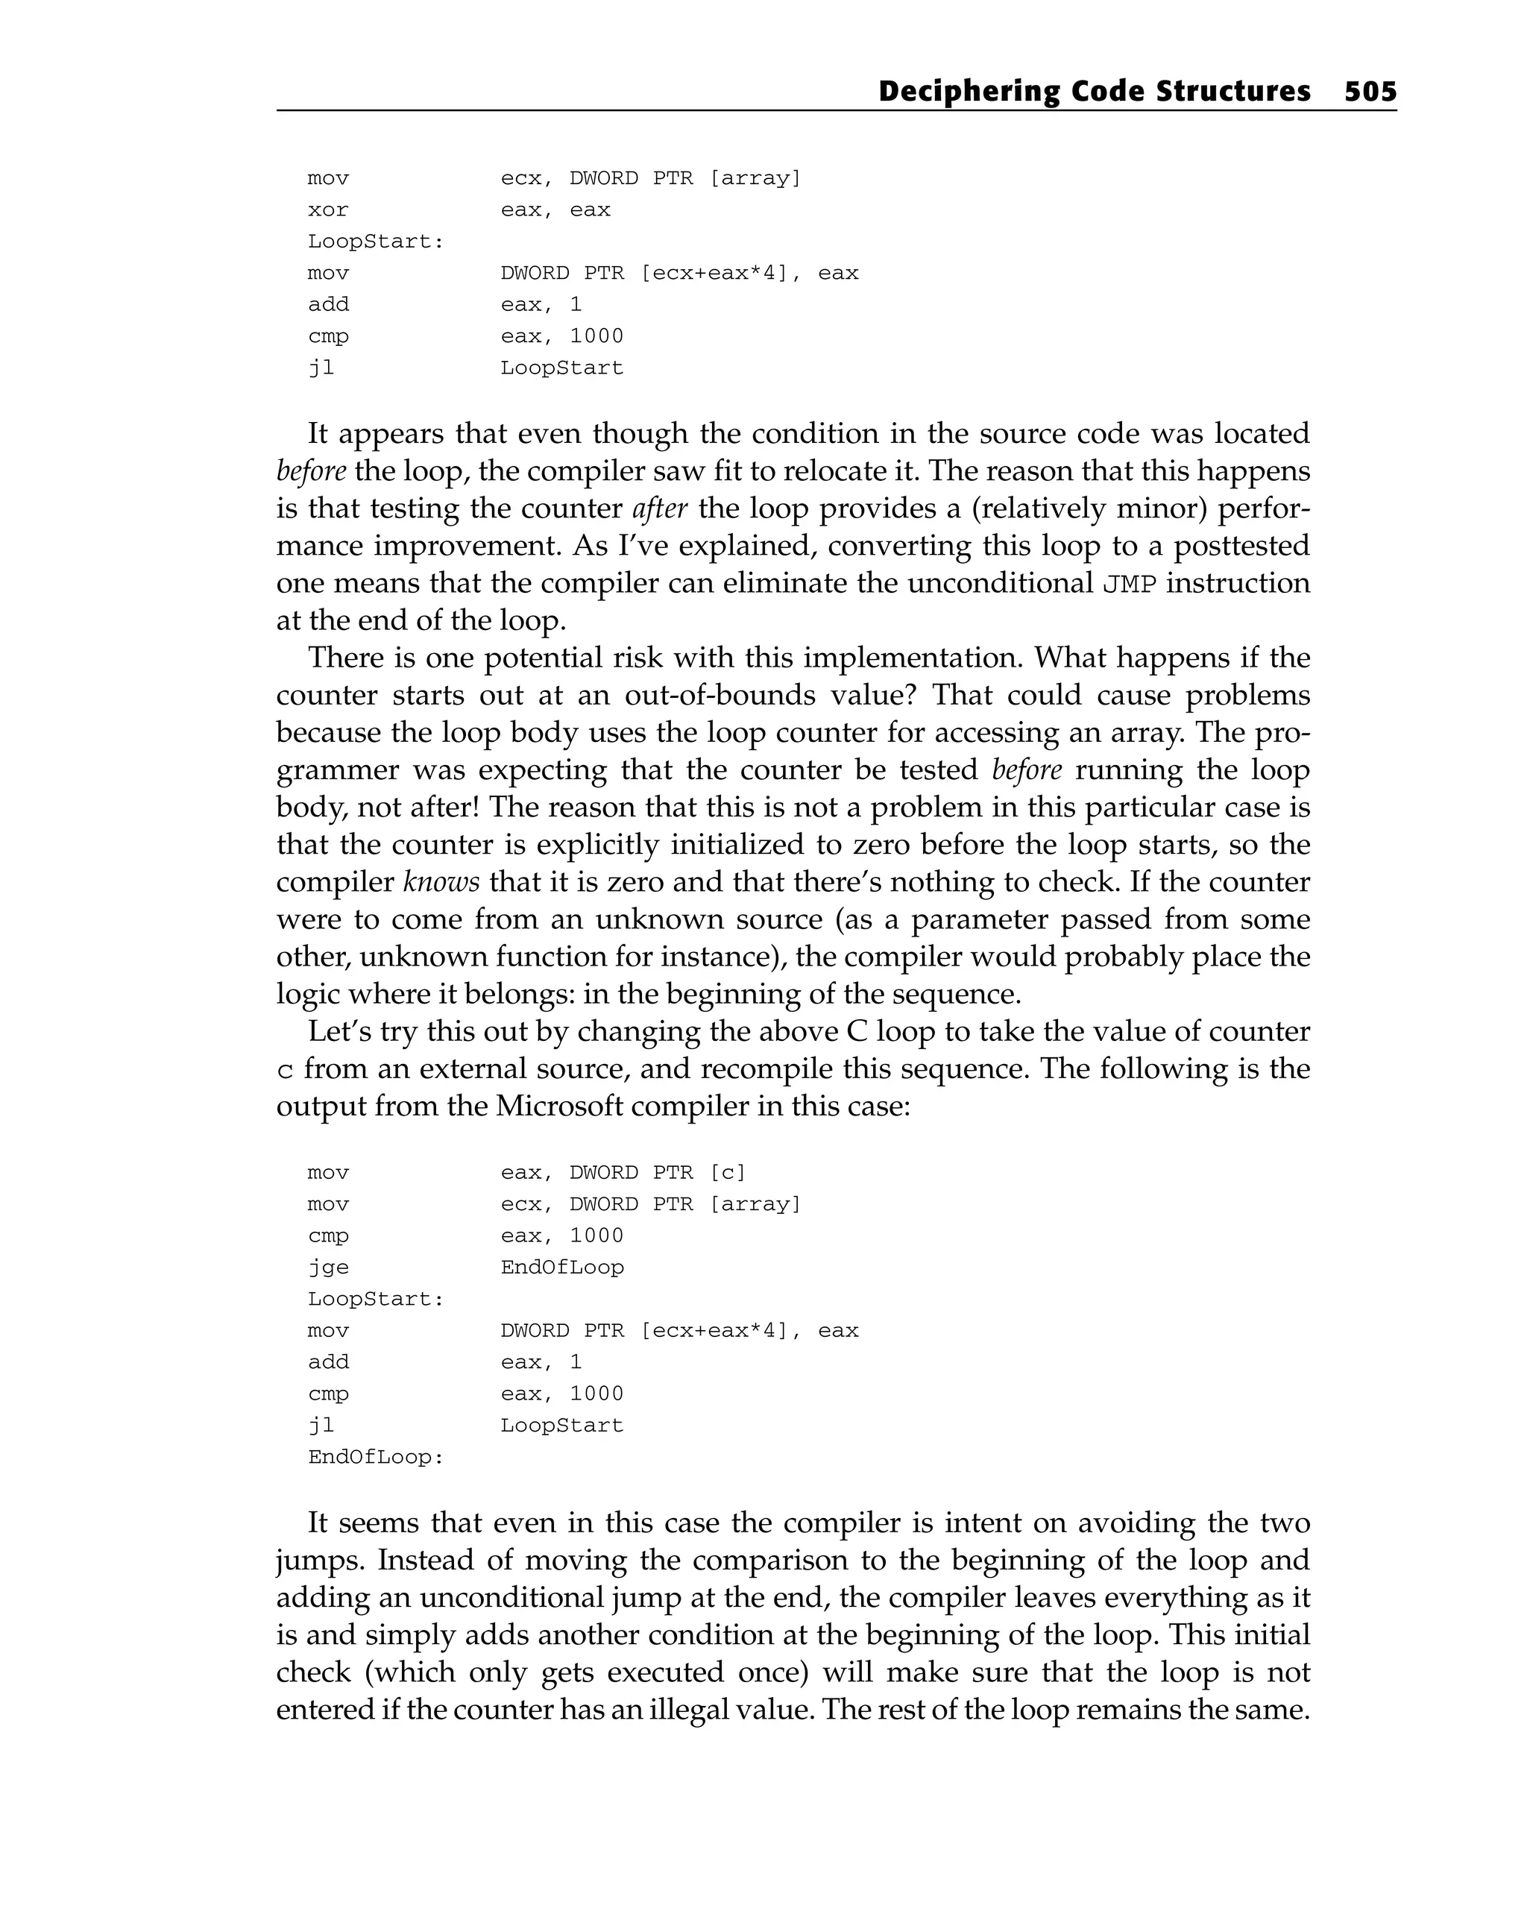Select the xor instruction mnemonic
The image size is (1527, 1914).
[327, 210]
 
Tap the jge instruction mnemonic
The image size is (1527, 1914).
[327, 1268]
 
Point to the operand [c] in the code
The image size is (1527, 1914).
[728, 1173]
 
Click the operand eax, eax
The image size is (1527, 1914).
[555, 210]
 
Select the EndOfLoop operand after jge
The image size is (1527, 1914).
[562, 1268]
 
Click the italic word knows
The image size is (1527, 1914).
[441, 882]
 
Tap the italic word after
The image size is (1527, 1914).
[660, 509]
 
